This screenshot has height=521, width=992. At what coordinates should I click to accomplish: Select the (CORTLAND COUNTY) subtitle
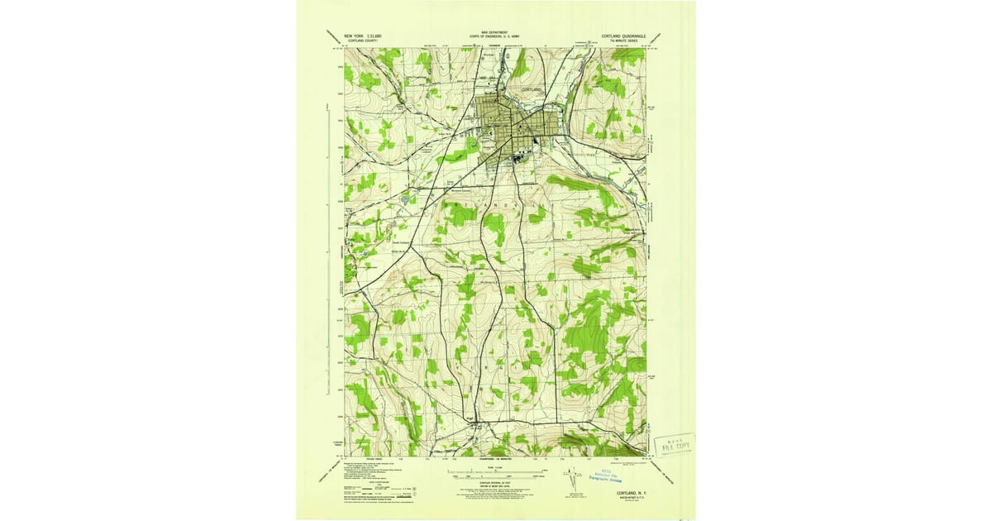tap(362, 41)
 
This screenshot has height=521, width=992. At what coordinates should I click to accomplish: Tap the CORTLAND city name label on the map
tap(532, 89)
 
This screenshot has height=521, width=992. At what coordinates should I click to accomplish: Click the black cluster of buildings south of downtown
tap(521, 159)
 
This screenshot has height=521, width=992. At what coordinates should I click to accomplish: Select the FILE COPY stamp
tap(674, 446)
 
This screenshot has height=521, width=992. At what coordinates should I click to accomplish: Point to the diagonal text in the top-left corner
tap(327, 40)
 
